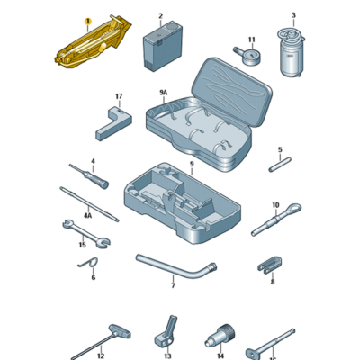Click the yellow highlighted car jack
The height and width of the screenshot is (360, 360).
[x=93, y=43]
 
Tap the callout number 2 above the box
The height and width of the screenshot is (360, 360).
[x=160, y=15]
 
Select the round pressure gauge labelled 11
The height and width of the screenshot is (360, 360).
[x=249, y=56]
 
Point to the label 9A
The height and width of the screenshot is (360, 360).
[x=163, y=93]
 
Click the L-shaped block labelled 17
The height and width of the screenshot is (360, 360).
[x=114, y=123]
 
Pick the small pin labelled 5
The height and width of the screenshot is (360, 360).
[x=280, y=165]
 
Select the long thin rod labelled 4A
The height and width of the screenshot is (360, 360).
[x=89, y=204]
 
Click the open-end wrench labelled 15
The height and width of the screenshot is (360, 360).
[x=86, y=235]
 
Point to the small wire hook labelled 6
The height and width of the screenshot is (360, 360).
[x=88, y=264]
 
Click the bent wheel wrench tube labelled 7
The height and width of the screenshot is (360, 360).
[x=176, y=268]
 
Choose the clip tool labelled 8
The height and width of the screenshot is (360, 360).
[x=270, y=265]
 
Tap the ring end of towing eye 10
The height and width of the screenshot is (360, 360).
[x=293, y=208]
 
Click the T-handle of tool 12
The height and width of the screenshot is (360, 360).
[x=120, y=331]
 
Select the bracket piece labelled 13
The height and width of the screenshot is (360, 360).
[x=166, y=334]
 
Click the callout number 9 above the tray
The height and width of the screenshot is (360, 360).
[x=192, y=164]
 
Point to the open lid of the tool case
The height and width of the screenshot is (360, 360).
[x=231, y=91]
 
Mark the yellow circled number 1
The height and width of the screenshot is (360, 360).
[x=87, y=22]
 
